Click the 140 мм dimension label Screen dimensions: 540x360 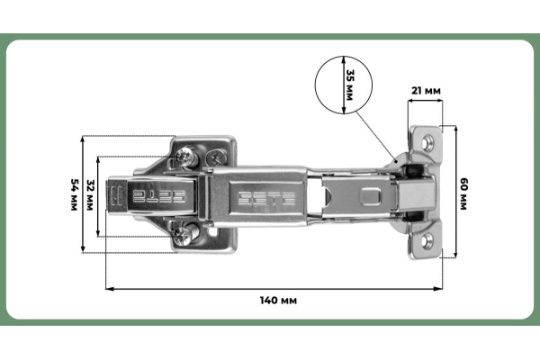click(x=278, y=301)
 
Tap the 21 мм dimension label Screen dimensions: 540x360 click(x=426, y=91)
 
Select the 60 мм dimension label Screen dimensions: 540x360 click(x=463, y=194)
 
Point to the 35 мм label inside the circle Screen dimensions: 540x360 click(x=349, y=85)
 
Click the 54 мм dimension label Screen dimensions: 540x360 click(x=74, y=194)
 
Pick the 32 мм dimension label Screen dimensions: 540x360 click(x=90, y=195)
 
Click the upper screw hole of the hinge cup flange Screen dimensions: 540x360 click(x=428, y=142)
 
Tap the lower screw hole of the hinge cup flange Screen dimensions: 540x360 click(x=427, y=240)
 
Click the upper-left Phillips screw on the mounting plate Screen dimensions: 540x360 click(x=185, y=157)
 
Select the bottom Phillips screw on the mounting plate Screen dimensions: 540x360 click(x=184, y=235)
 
